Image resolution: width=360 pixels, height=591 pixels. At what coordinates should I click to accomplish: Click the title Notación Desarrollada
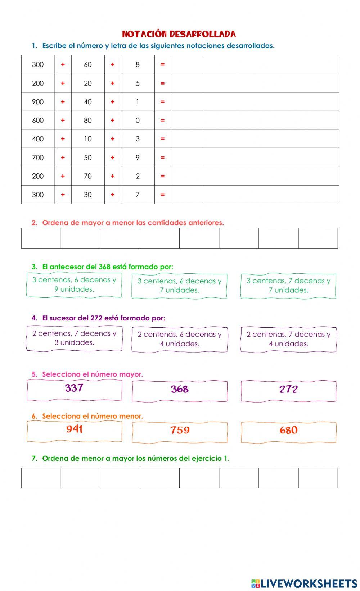179,34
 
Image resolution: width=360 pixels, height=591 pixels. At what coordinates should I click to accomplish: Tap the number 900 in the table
38,102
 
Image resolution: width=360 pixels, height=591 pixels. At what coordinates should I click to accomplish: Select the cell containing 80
88,120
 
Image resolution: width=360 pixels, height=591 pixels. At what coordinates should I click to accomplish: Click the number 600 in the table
38,120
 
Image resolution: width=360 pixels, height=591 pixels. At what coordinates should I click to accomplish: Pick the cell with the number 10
88,139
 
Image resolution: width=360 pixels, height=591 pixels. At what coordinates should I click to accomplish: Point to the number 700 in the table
38,158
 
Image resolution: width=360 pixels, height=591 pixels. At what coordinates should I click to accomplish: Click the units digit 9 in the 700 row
138,158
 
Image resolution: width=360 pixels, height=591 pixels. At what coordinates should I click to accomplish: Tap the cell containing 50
88,158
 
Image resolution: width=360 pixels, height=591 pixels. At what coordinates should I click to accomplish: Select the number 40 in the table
88,102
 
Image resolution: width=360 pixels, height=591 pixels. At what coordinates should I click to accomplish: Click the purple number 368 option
180,390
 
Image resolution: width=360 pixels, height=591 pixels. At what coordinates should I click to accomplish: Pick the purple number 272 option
288,390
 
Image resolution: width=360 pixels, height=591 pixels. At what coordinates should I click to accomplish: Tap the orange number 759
180,431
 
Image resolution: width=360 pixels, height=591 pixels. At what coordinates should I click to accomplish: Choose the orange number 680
288,431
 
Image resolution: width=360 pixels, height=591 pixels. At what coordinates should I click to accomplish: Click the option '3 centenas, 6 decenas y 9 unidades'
74,285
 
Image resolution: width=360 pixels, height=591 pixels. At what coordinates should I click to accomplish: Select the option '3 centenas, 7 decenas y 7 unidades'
288,286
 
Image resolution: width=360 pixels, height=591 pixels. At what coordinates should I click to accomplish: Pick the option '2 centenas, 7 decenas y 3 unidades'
74,338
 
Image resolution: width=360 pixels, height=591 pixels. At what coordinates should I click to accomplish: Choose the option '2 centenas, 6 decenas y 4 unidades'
180,339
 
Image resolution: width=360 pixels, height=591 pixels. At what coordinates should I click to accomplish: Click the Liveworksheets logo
304,583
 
